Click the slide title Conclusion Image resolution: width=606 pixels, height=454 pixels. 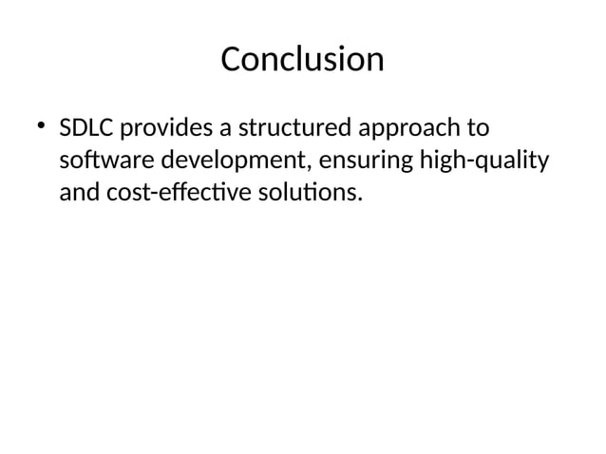click(302, 60)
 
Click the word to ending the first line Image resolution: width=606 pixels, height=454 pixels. click(478, 128)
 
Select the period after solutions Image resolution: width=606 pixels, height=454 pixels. click(359, 200)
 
